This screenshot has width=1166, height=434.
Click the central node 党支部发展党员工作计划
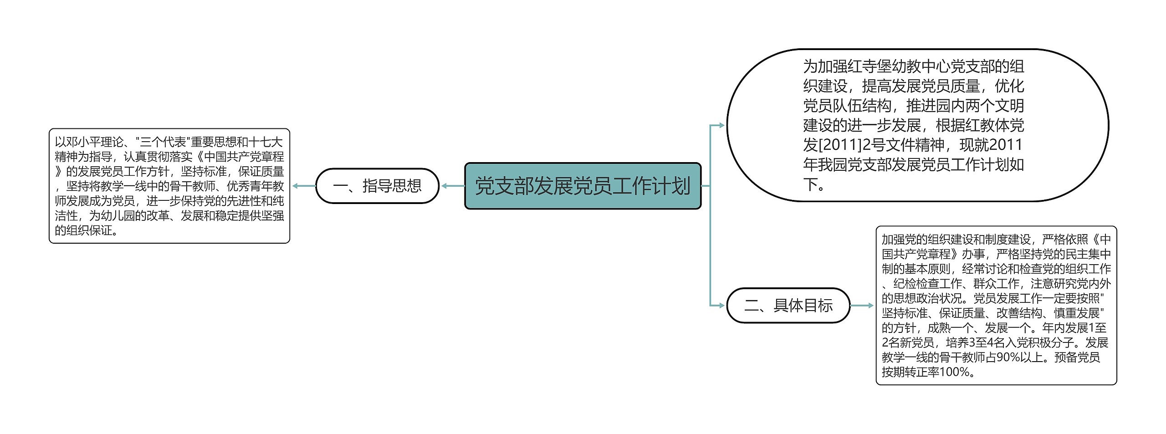pyautogui.click(x=583, y=186)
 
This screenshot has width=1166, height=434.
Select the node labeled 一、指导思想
pyautogui.click(x=377, y=186)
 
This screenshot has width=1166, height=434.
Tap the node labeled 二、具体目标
pyautogui.click(x=788, y=305)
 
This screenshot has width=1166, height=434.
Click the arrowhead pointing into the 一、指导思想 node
pyautogui.click(x=445, y=186)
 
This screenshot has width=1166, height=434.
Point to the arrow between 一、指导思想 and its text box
pyautogui.click(x=304, y=186)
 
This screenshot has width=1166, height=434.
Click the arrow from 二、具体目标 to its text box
pyautogui.click(x=862, y=306)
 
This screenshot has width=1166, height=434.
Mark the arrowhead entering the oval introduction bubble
pyautogui.click(x=721, y=125)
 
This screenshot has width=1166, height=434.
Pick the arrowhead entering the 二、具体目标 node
pyautogui.click(x=721, y=305)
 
